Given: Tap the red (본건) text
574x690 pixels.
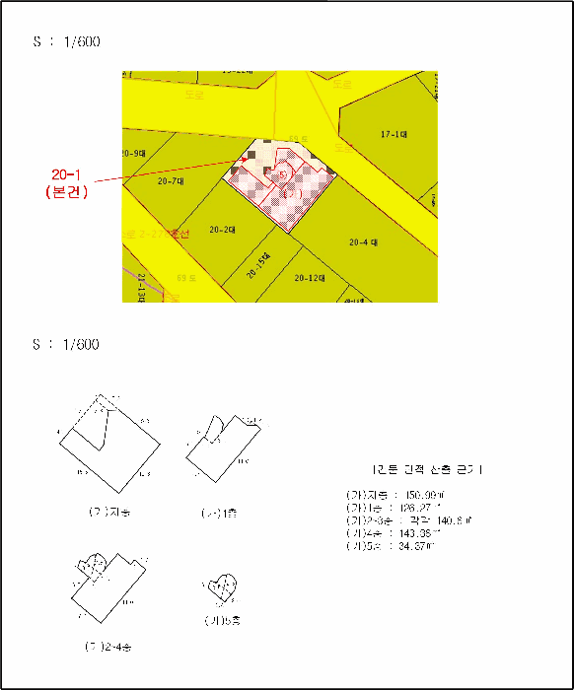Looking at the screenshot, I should coord(67,192).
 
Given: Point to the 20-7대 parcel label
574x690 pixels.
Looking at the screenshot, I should coord(171,181).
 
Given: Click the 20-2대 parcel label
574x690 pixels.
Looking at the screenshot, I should coord(223,230).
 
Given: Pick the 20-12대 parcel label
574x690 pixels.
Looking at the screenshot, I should coord(310,278).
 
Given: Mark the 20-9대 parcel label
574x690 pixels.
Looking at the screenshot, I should coord(132,154).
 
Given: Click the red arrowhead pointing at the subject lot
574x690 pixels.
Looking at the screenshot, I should coord(247,159).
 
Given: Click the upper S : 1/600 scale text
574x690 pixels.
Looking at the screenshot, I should coord(66,43).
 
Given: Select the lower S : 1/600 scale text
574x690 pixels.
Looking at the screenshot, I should coord(66,345).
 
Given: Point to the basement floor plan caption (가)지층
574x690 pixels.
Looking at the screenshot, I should coord(108,513).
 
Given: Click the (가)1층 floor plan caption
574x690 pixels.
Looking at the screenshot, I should coord(219,514).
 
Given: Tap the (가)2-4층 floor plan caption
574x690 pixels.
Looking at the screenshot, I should coord(108,648).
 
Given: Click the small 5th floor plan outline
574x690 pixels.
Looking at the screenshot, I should coord(221,588).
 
